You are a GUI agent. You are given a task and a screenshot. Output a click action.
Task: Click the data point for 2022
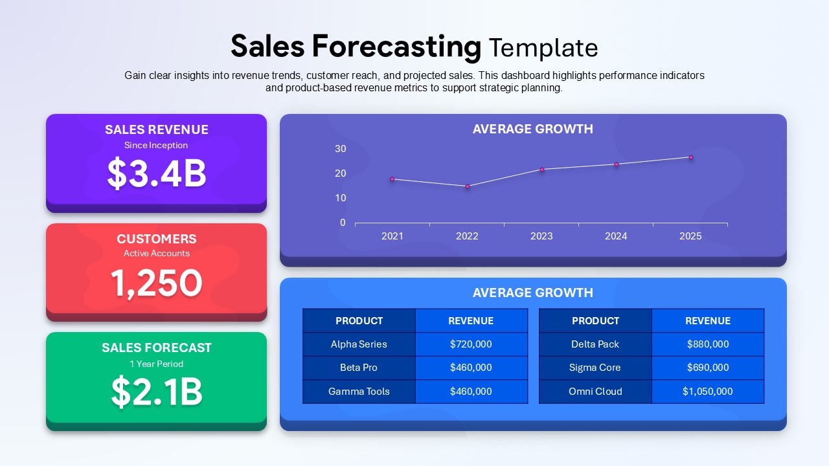(x=468, y=186)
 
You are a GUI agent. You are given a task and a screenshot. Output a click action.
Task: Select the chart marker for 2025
(x=691, y=157)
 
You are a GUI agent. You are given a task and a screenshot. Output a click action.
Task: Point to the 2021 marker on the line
(x=392, y=179)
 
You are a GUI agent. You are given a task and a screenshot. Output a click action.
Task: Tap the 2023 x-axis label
(x=541, y=236)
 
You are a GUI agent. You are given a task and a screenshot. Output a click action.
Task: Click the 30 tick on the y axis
(x=341, y=149)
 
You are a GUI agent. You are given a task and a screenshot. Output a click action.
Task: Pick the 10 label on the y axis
(x=341, y=198)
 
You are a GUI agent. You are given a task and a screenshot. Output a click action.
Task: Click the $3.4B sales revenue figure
(x=157, y=173)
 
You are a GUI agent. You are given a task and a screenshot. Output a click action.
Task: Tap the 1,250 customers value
(x=157, y=283)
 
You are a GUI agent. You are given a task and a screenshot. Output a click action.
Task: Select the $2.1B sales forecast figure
(x=157, y=392)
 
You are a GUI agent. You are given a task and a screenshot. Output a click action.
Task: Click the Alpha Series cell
(x=359, y=344)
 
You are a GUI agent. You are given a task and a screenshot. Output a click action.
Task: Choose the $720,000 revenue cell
(x=471, y=344)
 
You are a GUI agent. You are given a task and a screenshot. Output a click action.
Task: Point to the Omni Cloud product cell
(x=595, y=392)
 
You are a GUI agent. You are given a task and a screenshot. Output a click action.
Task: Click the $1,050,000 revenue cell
(x=708, y=392)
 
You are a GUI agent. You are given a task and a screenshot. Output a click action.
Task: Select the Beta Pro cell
(x=359, y=368)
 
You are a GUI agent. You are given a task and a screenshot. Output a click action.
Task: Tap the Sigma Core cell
(x=595, y=368)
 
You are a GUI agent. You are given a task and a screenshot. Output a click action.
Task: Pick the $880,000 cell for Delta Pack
(x=708, y=344)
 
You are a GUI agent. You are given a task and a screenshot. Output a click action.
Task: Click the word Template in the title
(x=543, y=48)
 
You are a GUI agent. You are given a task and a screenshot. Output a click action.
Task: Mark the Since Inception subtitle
(x=156, y=146)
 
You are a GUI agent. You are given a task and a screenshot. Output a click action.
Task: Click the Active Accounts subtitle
(x=157, y=253)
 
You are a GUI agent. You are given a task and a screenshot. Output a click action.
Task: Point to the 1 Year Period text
(x=157, y=364)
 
